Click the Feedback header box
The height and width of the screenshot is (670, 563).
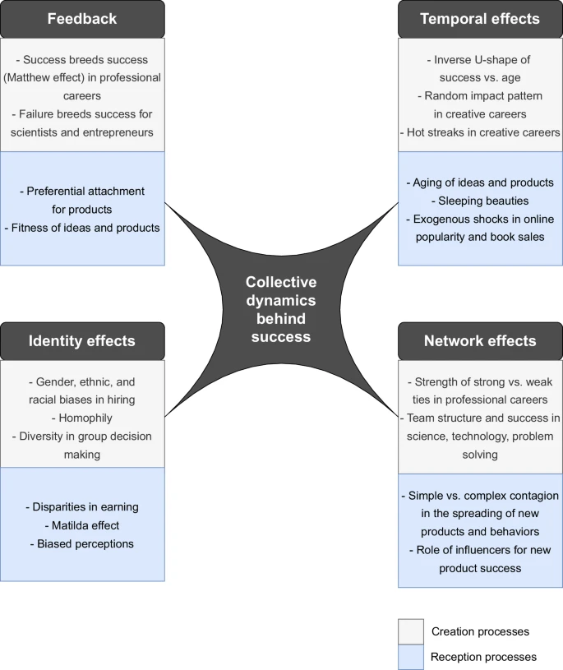[x=82, y=19]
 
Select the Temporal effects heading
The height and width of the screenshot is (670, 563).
[x=481, y=19]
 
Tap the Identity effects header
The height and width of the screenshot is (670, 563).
[x=82, y=341]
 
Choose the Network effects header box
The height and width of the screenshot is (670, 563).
[x=481, y=341]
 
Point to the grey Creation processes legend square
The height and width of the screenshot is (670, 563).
[x=411, y=631]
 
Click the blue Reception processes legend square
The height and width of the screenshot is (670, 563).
[x=411, y=657]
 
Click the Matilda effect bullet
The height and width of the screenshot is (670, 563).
[x=82, y=525]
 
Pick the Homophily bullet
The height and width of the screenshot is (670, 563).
[x=82, y=418]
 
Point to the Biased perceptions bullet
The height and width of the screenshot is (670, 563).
[x=82, y=543]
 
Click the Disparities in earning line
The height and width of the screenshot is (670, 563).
[x=82, y=507]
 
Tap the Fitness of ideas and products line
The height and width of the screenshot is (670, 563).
[x=82, y=228]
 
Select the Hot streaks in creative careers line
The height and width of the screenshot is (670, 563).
[x=481, y=132]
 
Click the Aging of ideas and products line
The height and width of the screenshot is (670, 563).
[x=481, y=182]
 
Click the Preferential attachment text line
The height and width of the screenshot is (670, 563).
[x=82, y=191]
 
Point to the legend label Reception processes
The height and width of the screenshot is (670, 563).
[x=483, y=657]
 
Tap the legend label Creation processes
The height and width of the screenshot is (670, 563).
[x=481, y=631]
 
